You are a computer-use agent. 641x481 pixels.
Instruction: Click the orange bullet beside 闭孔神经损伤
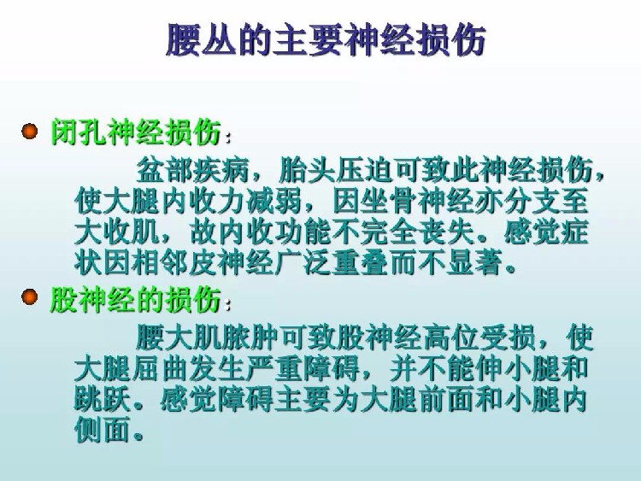coord(29,132)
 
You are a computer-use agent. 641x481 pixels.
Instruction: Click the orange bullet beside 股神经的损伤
coord(29,296)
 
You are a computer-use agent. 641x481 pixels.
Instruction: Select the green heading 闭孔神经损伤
coord(136,132)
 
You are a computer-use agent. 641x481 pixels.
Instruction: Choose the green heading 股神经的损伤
coord(136,299)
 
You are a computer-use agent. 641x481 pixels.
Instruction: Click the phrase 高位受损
coord(479,337)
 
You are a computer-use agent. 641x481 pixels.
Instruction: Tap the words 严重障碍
coord(303,368)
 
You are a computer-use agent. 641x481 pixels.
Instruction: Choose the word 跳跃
coord(103,399)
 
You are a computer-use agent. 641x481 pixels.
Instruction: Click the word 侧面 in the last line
coord(103,430)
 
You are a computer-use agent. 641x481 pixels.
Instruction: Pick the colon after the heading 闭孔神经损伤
coord(228,137)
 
